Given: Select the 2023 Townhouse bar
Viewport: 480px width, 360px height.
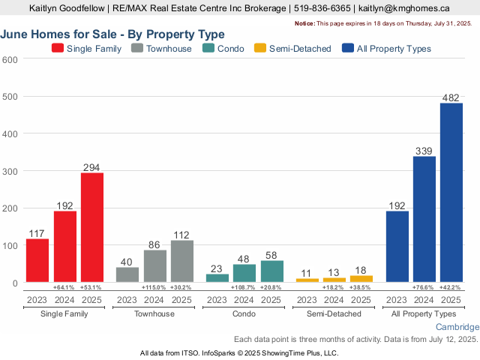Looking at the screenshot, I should tap(127, 274).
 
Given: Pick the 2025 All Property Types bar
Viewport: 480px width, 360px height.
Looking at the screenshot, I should tap(451, 193).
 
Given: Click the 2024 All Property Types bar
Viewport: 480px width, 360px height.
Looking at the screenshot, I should tap(424, 219).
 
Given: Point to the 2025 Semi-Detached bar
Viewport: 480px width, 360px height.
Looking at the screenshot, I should tap(361, 279).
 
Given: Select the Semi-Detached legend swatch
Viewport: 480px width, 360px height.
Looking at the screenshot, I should tap(259, 48).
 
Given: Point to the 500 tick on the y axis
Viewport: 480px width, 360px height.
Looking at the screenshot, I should tap(10, 97).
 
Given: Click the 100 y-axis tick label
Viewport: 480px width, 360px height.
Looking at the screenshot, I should tap(10, 245).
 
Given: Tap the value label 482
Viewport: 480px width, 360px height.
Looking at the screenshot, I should tap(451, 97).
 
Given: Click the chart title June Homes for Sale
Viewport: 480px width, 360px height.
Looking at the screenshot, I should tap(112, 34).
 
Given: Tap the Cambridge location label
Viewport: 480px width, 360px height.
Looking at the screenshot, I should tap(457, 328).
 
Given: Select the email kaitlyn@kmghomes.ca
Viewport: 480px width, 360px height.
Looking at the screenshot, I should tap(403, 8).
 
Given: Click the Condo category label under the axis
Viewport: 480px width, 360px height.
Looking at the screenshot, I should tap(244, 313).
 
